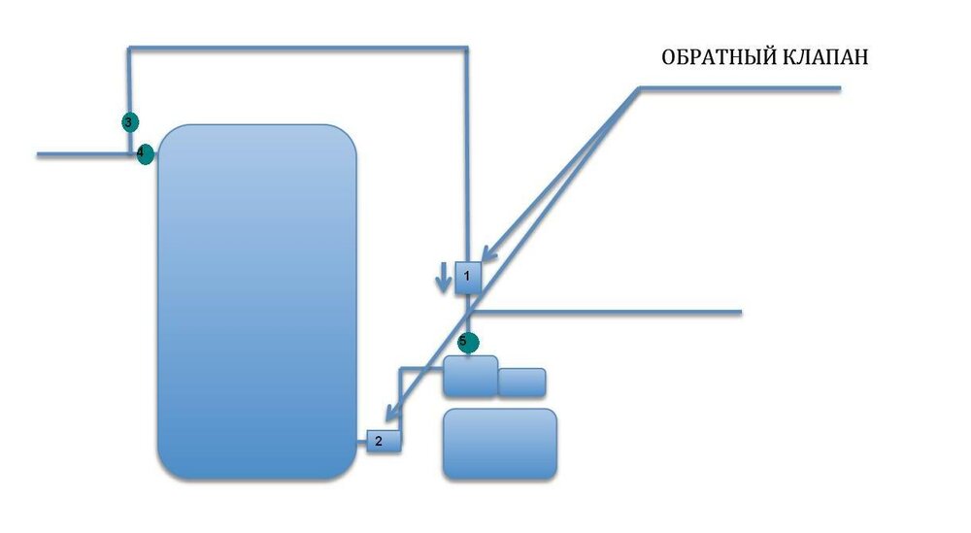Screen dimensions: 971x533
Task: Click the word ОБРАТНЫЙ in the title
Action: tap(719, 56)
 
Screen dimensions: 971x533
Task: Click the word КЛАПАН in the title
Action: tap(824, 57)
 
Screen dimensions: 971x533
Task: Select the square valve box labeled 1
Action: tap(468, 278)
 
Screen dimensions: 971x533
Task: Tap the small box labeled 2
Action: tap(384, 442)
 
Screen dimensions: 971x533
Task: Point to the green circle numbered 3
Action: tap(129, 122)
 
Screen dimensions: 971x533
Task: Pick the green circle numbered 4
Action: tap(145, 154)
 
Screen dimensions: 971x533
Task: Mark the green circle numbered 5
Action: tap(468, 342)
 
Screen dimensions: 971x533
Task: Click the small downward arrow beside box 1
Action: tap(443, 278)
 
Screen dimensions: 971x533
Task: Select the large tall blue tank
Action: tap(257, 302)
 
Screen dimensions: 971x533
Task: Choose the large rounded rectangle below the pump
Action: tap(500, 444)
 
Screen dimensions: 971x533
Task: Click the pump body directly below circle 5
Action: tap(471, 376)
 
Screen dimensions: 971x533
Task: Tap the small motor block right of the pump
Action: tap(522, 382)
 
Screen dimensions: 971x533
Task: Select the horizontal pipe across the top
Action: tap(298, 47)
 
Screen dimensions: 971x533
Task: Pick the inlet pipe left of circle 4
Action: tap(86, 154)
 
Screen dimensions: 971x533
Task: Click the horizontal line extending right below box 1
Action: tap(605, 313)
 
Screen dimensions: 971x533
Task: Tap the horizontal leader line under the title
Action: tap(739, 88)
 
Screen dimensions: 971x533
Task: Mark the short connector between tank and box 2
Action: tap(362, 442)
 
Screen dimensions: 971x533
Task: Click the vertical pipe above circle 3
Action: tap(129, 81)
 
